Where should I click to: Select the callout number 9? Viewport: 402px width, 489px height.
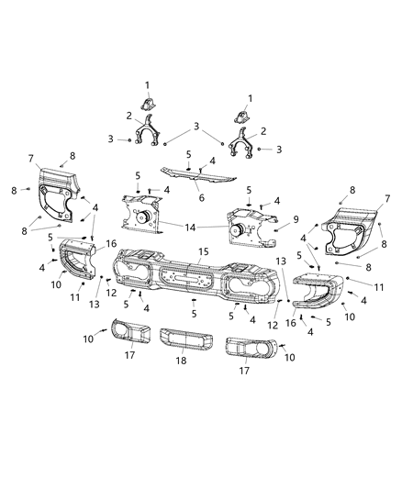[296, 219]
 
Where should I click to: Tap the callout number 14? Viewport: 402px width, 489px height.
[191, 226]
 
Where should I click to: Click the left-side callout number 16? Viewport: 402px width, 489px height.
[111, 244]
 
